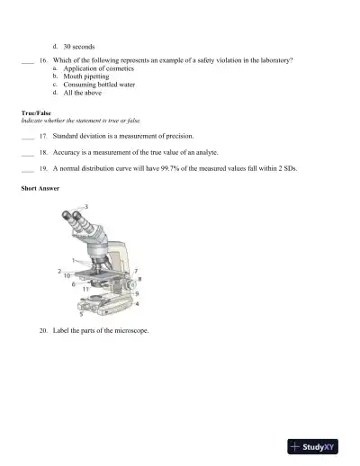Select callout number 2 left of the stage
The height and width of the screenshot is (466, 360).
pos(59,270)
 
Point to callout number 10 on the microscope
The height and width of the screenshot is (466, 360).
pos(67,275)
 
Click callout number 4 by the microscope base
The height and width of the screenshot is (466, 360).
pos(136,305)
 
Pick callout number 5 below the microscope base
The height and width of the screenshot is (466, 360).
pos(81,315)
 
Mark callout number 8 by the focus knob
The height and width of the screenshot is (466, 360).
pos(139,279)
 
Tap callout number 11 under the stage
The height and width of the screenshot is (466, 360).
pos(85,289)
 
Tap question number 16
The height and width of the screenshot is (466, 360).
pos(43,60)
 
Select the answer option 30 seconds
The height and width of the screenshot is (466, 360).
pos(79,45)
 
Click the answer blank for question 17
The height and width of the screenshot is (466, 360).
pos(27,137)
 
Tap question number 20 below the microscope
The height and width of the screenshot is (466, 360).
pos(43,331)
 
